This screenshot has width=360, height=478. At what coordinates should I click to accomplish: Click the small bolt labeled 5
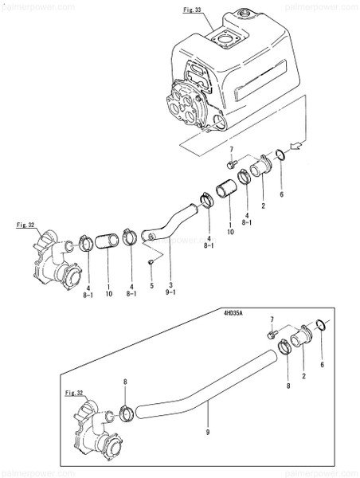(149, 261)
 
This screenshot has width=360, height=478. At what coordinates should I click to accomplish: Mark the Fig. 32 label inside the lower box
(74, 393)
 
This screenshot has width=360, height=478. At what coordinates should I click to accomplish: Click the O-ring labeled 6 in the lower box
(321, 324)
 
